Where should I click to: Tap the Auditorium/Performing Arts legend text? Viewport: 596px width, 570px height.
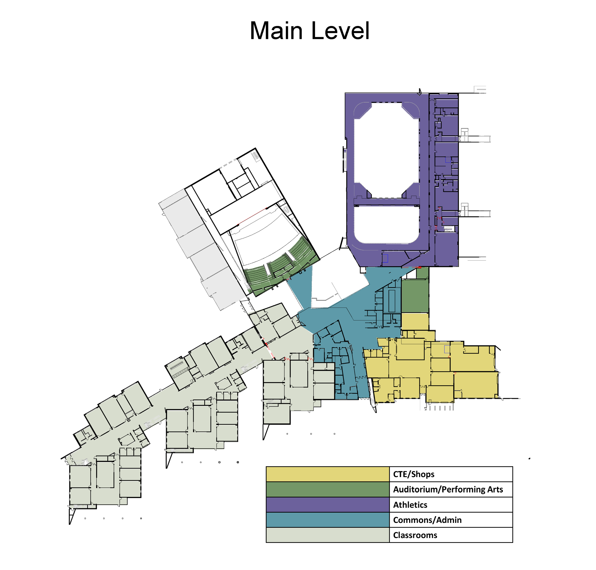pyautogui.click(x=448, y=489)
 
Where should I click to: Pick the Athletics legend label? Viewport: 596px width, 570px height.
pyautogui.click(x=410, y=505)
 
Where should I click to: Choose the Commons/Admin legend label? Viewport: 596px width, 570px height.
pyautogui.click(x=427, y=520)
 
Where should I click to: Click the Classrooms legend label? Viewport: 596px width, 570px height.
pyautogui.click(x=415, y=535)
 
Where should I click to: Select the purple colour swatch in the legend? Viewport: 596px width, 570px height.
pyautogui.click(x=327, y=505)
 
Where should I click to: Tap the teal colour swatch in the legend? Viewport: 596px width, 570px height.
pyautogui.click(x=327, y=520)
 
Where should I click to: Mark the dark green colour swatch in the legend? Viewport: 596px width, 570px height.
pyautogui.click(x=327, y=489)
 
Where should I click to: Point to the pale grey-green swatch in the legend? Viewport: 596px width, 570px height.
pyautogui.click(x=327, y=535)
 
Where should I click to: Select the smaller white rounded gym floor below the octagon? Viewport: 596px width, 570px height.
pyautogui.click(x=387, y=224)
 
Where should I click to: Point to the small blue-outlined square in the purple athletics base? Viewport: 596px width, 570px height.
pyautogui.click(x=385, y=258)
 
